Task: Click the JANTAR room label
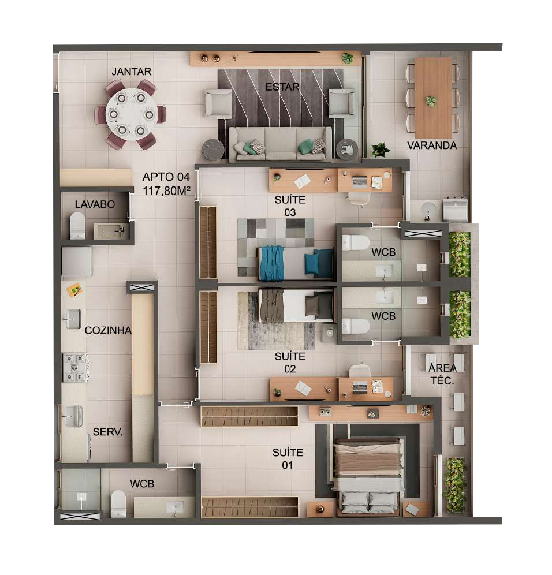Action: click(x=131, y=72)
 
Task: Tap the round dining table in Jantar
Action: click(x=131, y=114)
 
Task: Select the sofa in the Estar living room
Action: click(x=280, y=144)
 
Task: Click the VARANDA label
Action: click(x=432, y=145)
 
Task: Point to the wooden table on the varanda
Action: click(x=433, y=98)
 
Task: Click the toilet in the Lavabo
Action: click(x=77, y=226)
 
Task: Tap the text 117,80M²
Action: click(x=166, y=191)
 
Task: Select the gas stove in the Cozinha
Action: click(x=76, y=367)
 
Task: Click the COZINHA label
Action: click(x=108, y=331)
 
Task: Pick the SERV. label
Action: click(x=107, y=432)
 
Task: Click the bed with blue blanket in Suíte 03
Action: click(x=296, y=263)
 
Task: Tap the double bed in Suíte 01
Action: click(x=368, y=476)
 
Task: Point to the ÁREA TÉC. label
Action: click(x=442, y=374)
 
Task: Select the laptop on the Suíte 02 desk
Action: click(x=360, y=387)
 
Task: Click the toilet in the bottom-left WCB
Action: click(x=118, y=504)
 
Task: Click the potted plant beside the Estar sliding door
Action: click(x=380, y=150)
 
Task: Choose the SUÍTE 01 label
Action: click(x=288, y=459)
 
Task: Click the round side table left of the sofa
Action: click(x=212, y=150)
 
